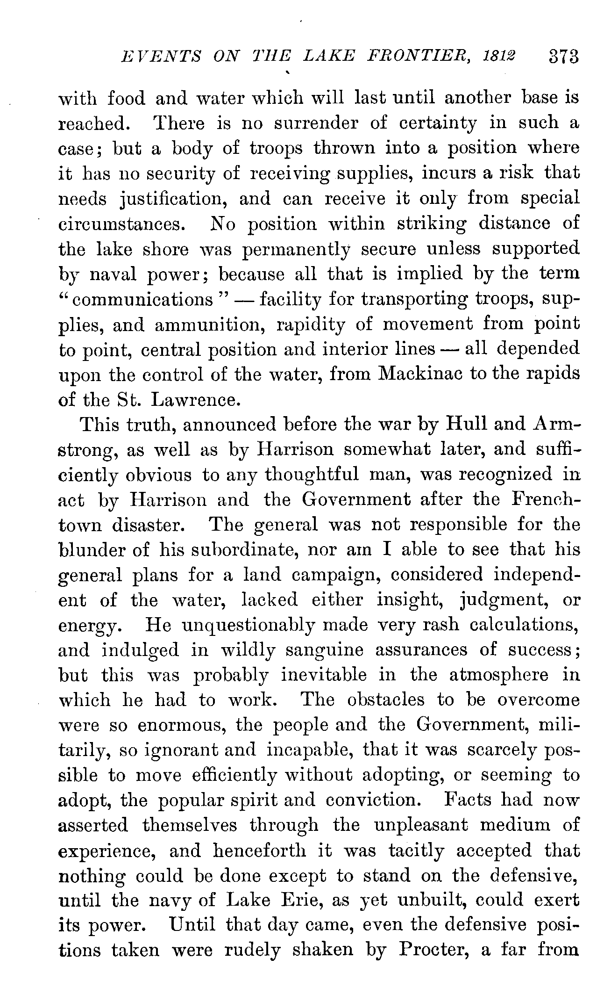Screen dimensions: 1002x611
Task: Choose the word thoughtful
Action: (x=311, y=475)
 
